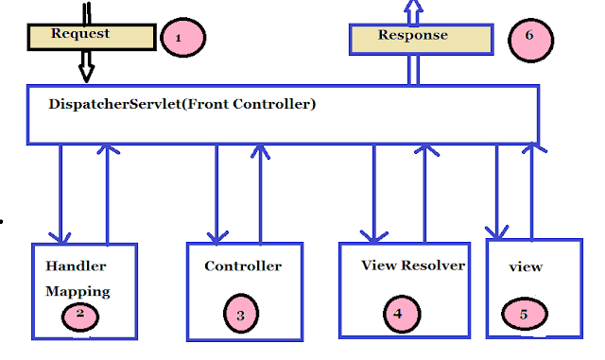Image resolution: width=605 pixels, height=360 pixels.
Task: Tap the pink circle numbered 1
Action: [182, 38]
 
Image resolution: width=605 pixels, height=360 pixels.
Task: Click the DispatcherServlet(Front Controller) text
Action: [181, 103]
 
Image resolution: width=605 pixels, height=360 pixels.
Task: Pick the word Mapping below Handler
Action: [78, 291]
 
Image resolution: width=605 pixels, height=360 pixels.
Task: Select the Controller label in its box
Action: [243, 266]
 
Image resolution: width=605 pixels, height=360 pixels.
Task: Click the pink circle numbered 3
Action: [241, 314]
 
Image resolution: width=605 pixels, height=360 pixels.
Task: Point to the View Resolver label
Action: [413, 266]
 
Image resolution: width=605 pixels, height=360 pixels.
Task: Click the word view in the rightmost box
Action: [526, 267]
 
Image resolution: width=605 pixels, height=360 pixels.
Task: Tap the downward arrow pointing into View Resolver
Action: [375, 194]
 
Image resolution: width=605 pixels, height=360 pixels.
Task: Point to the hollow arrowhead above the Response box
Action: [412, 9]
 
